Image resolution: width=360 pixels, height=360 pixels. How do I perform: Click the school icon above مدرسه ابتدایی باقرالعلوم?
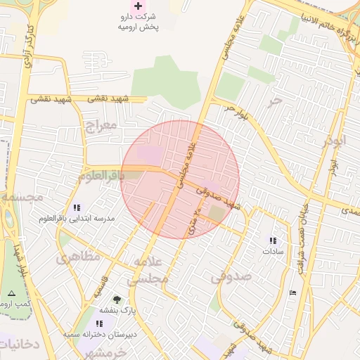click(x=77, y=208)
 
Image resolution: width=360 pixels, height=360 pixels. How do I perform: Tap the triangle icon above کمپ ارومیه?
click(x=11, y=292)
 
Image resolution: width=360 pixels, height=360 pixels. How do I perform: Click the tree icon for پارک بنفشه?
click(x=117, y=300)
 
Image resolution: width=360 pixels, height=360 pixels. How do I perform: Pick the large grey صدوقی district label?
click(x=231, y=276)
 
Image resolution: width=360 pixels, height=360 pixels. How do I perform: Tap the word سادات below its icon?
click(x=272, y=251)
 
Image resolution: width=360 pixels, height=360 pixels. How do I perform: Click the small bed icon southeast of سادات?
click(x=292, y=292)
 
